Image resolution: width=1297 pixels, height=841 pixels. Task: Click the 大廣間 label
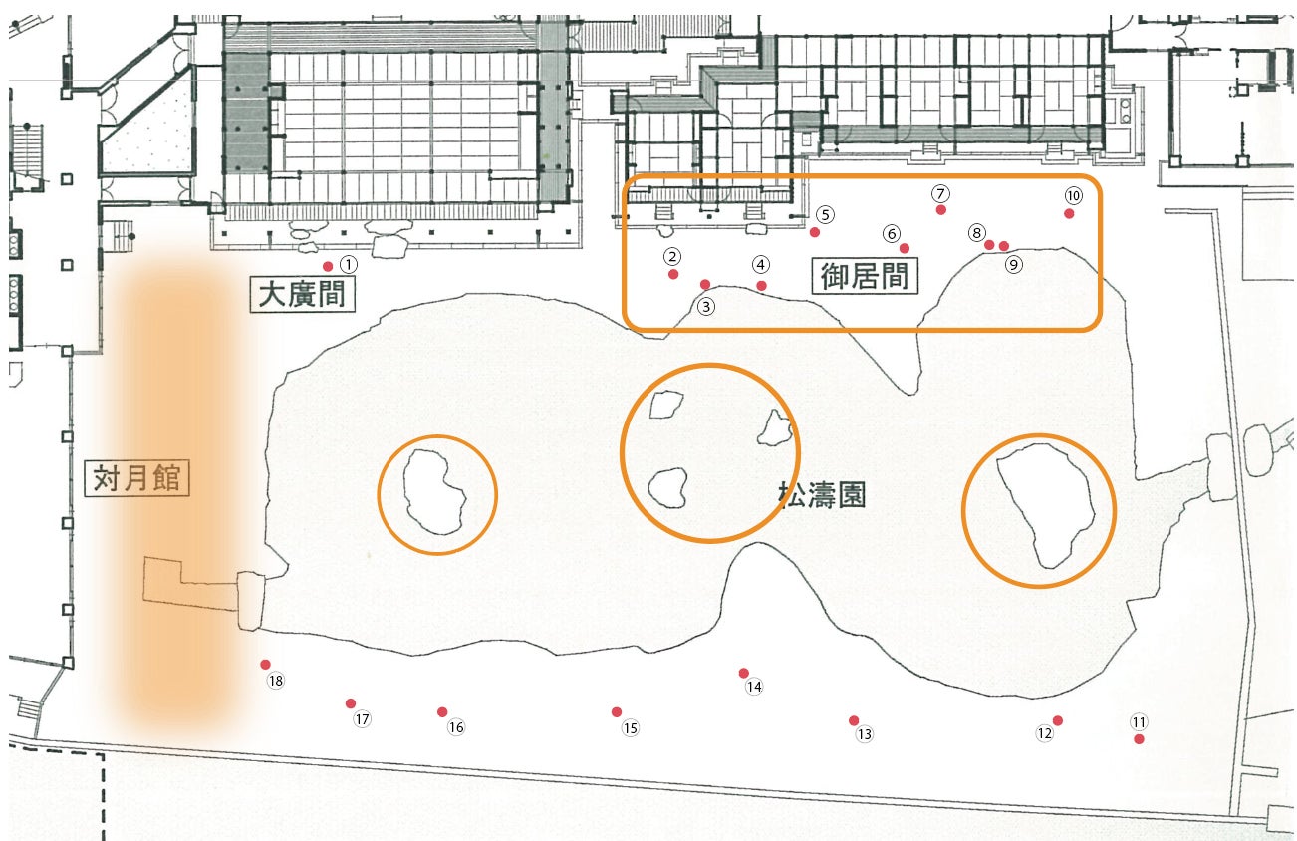click(x=301, y=296)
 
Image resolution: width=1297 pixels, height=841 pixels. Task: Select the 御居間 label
click(x=865, y=276)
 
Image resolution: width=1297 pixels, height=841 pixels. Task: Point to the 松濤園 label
click(x=821, y=494)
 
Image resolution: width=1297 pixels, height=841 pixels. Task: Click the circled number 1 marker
click(x=348, y=265)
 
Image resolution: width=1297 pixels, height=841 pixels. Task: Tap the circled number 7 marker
click(x=940, y=192)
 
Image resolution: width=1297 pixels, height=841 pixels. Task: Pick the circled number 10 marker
click(x=1073, y=195)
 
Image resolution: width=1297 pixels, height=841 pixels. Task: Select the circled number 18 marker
click(x=276, y=682)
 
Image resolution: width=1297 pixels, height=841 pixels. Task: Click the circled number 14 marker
click(x=754, y=687)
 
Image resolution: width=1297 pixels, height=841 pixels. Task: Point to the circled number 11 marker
click(x=1139, y=721)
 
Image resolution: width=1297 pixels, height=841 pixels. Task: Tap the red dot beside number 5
click(x=815, y=232)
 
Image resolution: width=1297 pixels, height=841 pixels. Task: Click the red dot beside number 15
click(x=617, y=711)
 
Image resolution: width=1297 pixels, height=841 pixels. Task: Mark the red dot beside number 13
click(x=854, y=720)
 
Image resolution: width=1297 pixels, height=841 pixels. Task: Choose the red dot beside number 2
click(x=673, y=274)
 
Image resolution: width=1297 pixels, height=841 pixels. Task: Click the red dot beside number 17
click(x=351, y=703)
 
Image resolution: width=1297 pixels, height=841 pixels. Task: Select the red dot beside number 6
click(x=905, y=248)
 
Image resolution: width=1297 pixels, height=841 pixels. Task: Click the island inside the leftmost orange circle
click(x=436, y=492)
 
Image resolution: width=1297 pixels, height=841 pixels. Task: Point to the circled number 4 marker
click(x=761, y=265)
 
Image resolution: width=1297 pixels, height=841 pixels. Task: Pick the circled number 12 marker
click(x=1044, y=734)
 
